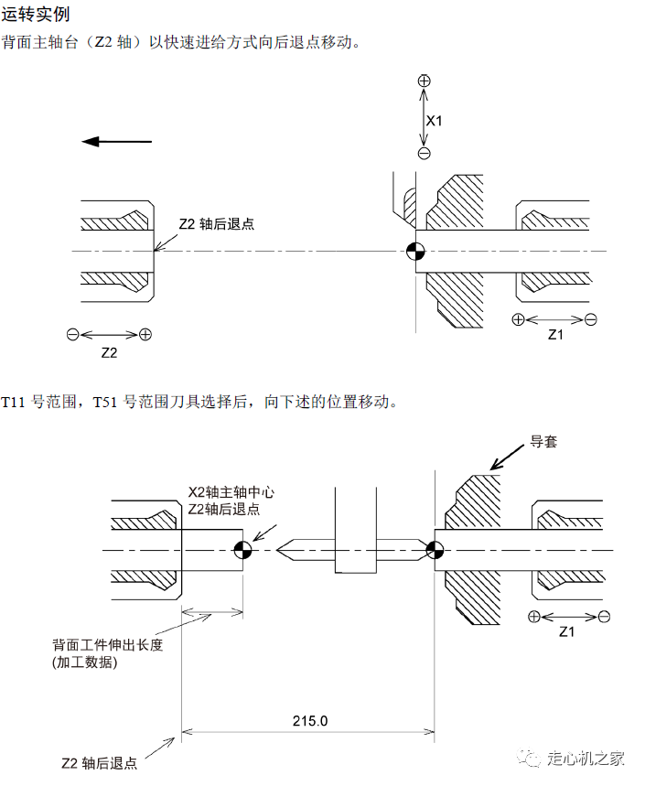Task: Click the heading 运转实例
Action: (x=35, y=14)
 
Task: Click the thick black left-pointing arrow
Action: (x=116, y=142)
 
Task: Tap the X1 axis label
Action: (x=434, y=121)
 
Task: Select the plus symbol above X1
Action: (x=424, y=81)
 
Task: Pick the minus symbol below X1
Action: (x=424, y=154)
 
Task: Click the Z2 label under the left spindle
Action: (x=109, y=353)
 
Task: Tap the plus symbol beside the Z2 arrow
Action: (x=145, y=334)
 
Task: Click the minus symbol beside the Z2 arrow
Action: (x=73, y=334)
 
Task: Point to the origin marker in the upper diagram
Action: (x=415, y=251)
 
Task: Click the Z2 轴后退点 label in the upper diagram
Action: (x=217, y=223)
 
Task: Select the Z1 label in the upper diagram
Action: (x=555, y=334)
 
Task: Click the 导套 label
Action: (x=543, y=442)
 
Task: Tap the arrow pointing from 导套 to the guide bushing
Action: (x=507, y=458)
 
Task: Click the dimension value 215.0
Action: (x=310, y=721)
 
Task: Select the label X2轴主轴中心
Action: (x=231, y=492)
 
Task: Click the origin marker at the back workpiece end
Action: (x=243, y=550)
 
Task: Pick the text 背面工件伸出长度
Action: (x=108, y=645)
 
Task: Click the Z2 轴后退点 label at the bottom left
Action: (x=99, y=763)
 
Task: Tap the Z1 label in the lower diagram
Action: (x=566, y=631)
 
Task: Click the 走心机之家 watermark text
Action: (x=586, y=758)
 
